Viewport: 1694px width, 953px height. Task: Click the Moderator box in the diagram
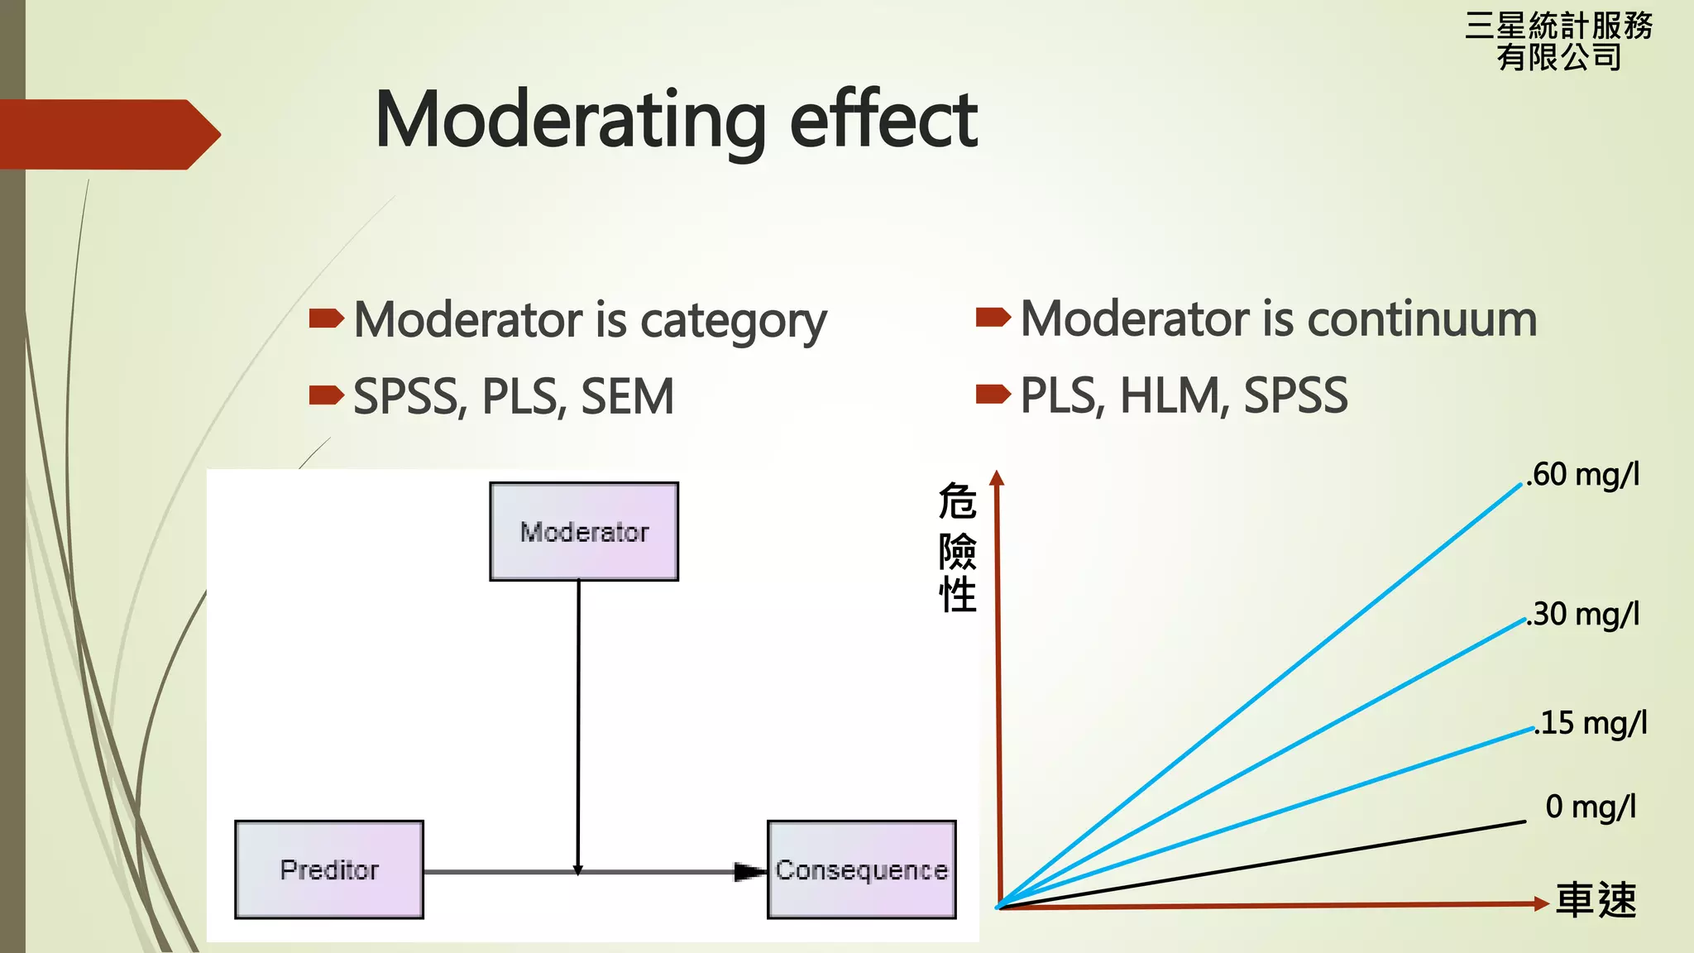tap(584, 531)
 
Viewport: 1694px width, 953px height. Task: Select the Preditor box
tap(329, 869)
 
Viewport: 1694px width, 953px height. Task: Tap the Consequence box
tap(862, 869)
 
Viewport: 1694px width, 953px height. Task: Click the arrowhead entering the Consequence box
tap(749, 871)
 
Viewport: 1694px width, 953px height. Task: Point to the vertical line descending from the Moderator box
tap(578, 720)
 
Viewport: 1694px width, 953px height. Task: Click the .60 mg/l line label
tap(1582, 475)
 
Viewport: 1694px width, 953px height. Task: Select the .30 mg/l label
tap(1582, 615)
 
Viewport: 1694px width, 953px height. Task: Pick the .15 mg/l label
tap(1590, 723)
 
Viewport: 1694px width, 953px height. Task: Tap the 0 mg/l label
tap(1590, 806)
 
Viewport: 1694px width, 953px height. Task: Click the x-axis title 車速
tap(1596, 900)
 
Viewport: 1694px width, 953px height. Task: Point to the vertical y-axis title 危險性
tap(957, 548)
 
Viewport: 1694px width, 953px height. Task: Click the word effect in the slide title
tap(883, 121)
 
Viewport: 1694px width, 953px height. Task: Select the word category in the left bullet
tap(733, 321)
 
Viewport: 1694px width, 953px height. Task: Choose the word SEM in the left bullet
tap(627, 397)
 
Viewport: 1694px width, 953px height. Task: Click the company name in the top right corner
tap(1558, 41)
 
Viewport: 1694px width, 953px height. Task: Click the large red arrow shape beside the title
tap(108, 134)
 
